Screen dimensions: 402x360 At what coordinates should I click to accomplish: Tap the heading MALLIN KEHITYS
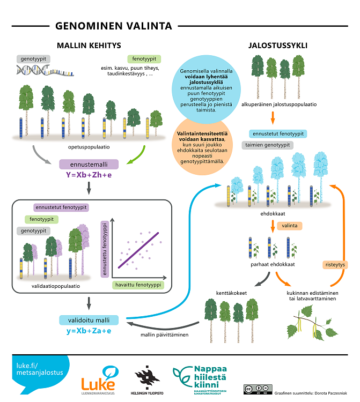[x=89, y=45]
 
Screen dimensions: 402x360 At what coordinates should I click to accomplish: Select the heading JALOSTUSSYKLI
[x=277, y=45]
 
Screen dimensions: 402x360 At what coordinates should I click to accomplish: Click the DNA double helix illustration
[x=45, y=70]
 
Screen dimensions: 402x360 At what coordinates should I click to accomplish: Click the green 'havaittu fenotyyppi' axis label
[x=138, y=285]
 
